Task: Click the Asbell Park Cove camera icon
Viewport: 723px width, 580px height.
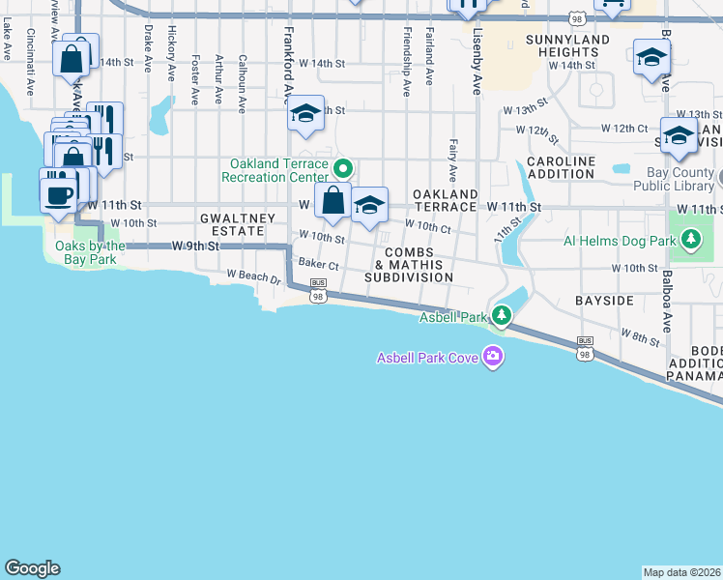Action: (494, 358)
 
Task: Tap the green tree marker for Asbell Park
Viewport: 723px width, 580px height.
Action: (501, 315)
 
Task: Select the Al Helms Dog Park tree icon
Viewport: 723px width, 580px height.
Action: (690, 238)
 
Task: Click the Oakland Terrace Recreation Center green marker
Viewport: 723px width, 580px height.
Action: (341, 169)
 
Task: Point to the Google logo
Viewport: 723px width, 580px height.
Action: (32, 568)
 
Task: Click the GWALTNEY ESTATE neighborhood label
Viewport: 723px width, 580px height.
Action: (231, 225)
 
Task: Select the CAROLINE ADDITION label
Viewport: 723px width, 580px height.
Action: (561, 167)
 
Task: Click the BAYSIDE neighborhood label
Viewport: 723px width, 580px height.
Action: (604, 301)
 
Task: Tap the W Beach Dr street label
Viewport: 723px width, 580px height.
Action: (253, 277)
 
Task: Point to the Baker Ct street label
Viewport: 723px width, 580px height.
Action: (318, 263)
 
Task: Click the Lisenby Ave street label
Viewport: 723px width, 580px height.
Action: (477, 62)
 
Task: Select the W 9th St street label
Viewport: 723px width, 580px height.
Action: (196, 246)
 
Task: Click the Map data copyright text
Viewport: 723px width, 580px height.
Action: (682, 572)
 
